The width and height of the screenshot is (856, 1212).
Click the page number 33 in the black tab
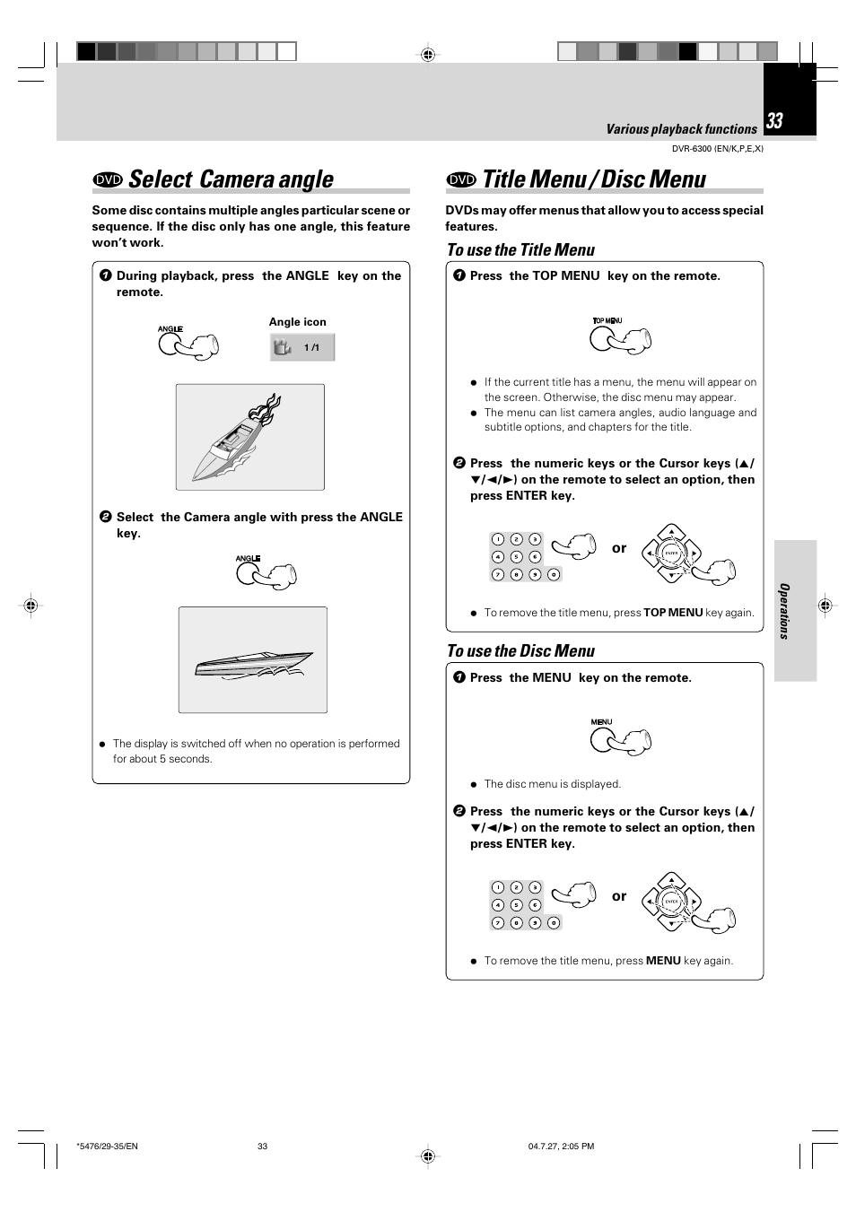click(x=775, y=121)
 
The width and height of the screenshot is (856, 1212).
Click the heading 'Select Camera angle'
click(x=231, y=179)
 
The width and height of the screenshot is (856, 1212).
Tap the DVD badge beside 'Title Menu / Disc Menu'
click(x=461, y=179)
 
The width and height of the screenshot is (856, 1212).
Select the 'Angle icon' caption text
click(x=297, y=322)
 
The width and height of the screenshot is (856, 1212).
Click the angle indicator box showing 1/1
click(x=302, y=347)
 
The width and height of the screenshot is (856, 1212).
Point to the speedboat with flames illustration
click(x=249, y=437)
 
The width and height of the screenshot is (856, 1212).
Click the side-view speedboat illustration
click(x=253, y=661)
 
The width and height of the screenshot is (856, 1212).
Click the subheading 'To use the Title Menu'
click(x=520, y=250)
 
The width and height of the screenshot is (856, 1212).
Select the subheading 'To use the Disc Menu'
click(x=520, y=651)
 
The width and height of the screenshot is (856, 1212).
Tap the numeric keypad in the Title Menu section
click(x=526, y=557)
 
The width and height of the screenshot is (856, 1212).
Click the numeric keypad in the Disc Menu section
click(x=526, y=905)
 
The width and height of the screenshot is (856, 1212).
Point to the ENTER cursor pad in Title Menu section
click(x=671, y=554)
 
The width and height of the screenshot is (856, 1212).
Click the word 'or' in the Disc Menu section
click(x=619, y=896)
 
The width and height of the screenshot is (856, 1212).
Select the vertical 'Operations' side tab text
click(x=784, y=611)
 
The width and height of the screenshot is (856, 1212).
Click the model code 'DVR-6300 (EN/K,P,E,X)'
click(x=717, y=149)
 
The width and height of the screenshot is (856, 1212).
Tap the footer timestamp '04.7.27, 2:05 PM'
click(x=561, y=1147)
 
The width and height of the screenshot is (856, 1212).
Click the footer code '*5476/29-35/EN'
click(x=108, y=1147)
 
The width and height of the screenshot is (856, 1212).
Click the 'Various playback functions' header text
click(x=681, y=129)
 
